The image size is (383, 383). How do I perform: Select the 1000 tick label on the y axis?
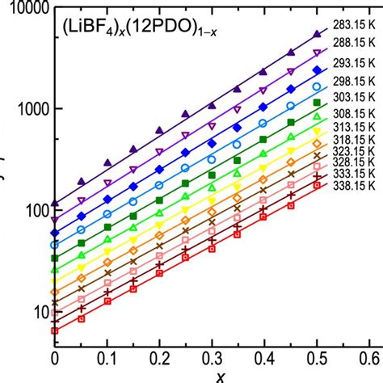pyautogui.click(x=30, y=109)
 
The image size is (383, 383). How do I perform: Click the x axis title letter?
pyautogui.click(x=213, y=376)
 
